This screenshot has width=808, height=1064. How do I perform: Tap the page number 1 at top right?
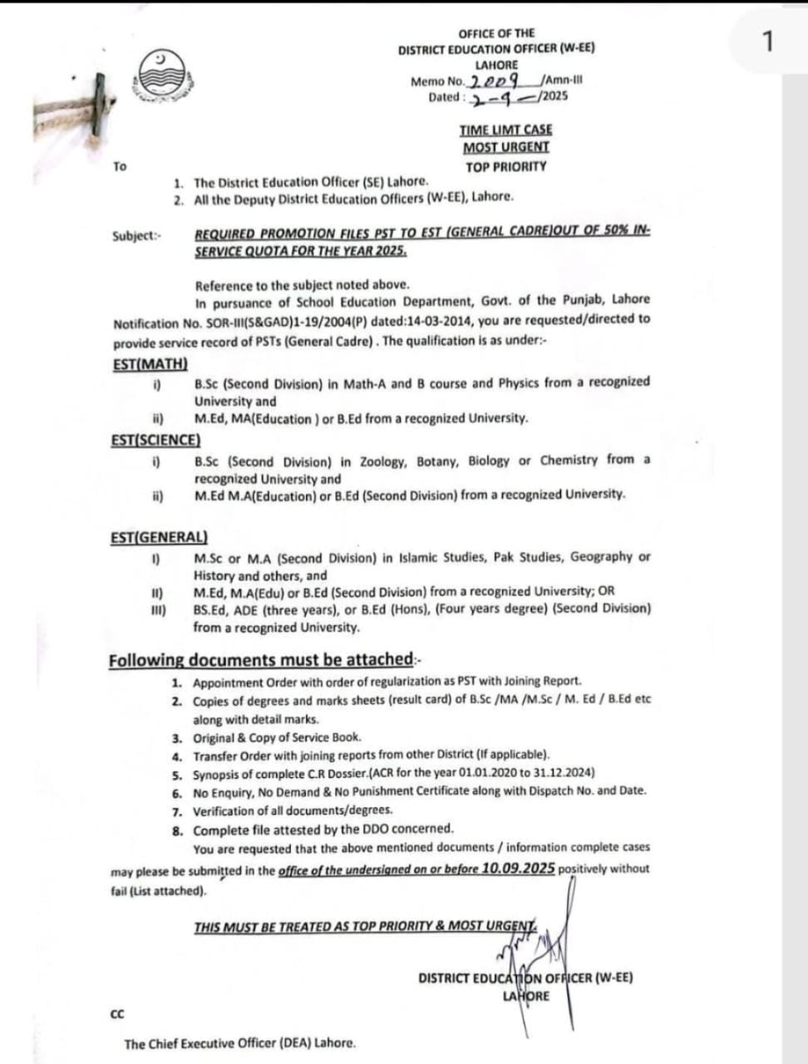pyautogui.click(x=767, y=41)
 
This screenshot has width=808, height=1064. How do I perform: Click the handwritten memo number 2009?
pyautogui.click(x=495, y=81)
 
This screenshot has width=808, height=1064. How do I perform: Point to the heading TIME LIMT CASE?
pyautogui.click(x=505, y=130)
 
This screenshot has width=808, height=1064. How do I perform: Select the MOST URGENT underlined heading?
pyautogui.click(x=505, y=147)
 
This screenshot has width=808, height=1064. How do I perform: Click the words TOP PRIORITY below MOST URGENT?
pyautogui.click(x=505, y=166)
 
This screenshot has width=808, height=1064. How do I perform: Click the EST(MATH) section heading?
pyautogui.click(x=150, y=364)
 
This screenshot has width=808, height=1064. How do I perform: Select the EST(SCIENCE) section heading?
pyautogui.click(x=155, y=440)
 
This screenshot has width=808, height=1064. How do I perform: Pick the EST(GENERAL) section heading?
pyautogui.click(x=159, y=538)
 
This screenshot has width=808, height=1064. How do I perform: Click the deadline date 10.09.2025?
pyautogui.click(x=518, y=869)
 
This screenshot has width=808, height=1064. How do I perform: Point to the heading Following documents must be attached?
pyautogui.click(x=260, y=660)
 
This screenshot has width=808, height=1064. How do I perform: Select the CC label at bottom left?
pyautogui.click(x=117, y=1013)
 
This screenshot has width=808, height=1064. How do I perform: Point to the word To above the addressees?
pyautogui.click(x=120, y=166)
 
